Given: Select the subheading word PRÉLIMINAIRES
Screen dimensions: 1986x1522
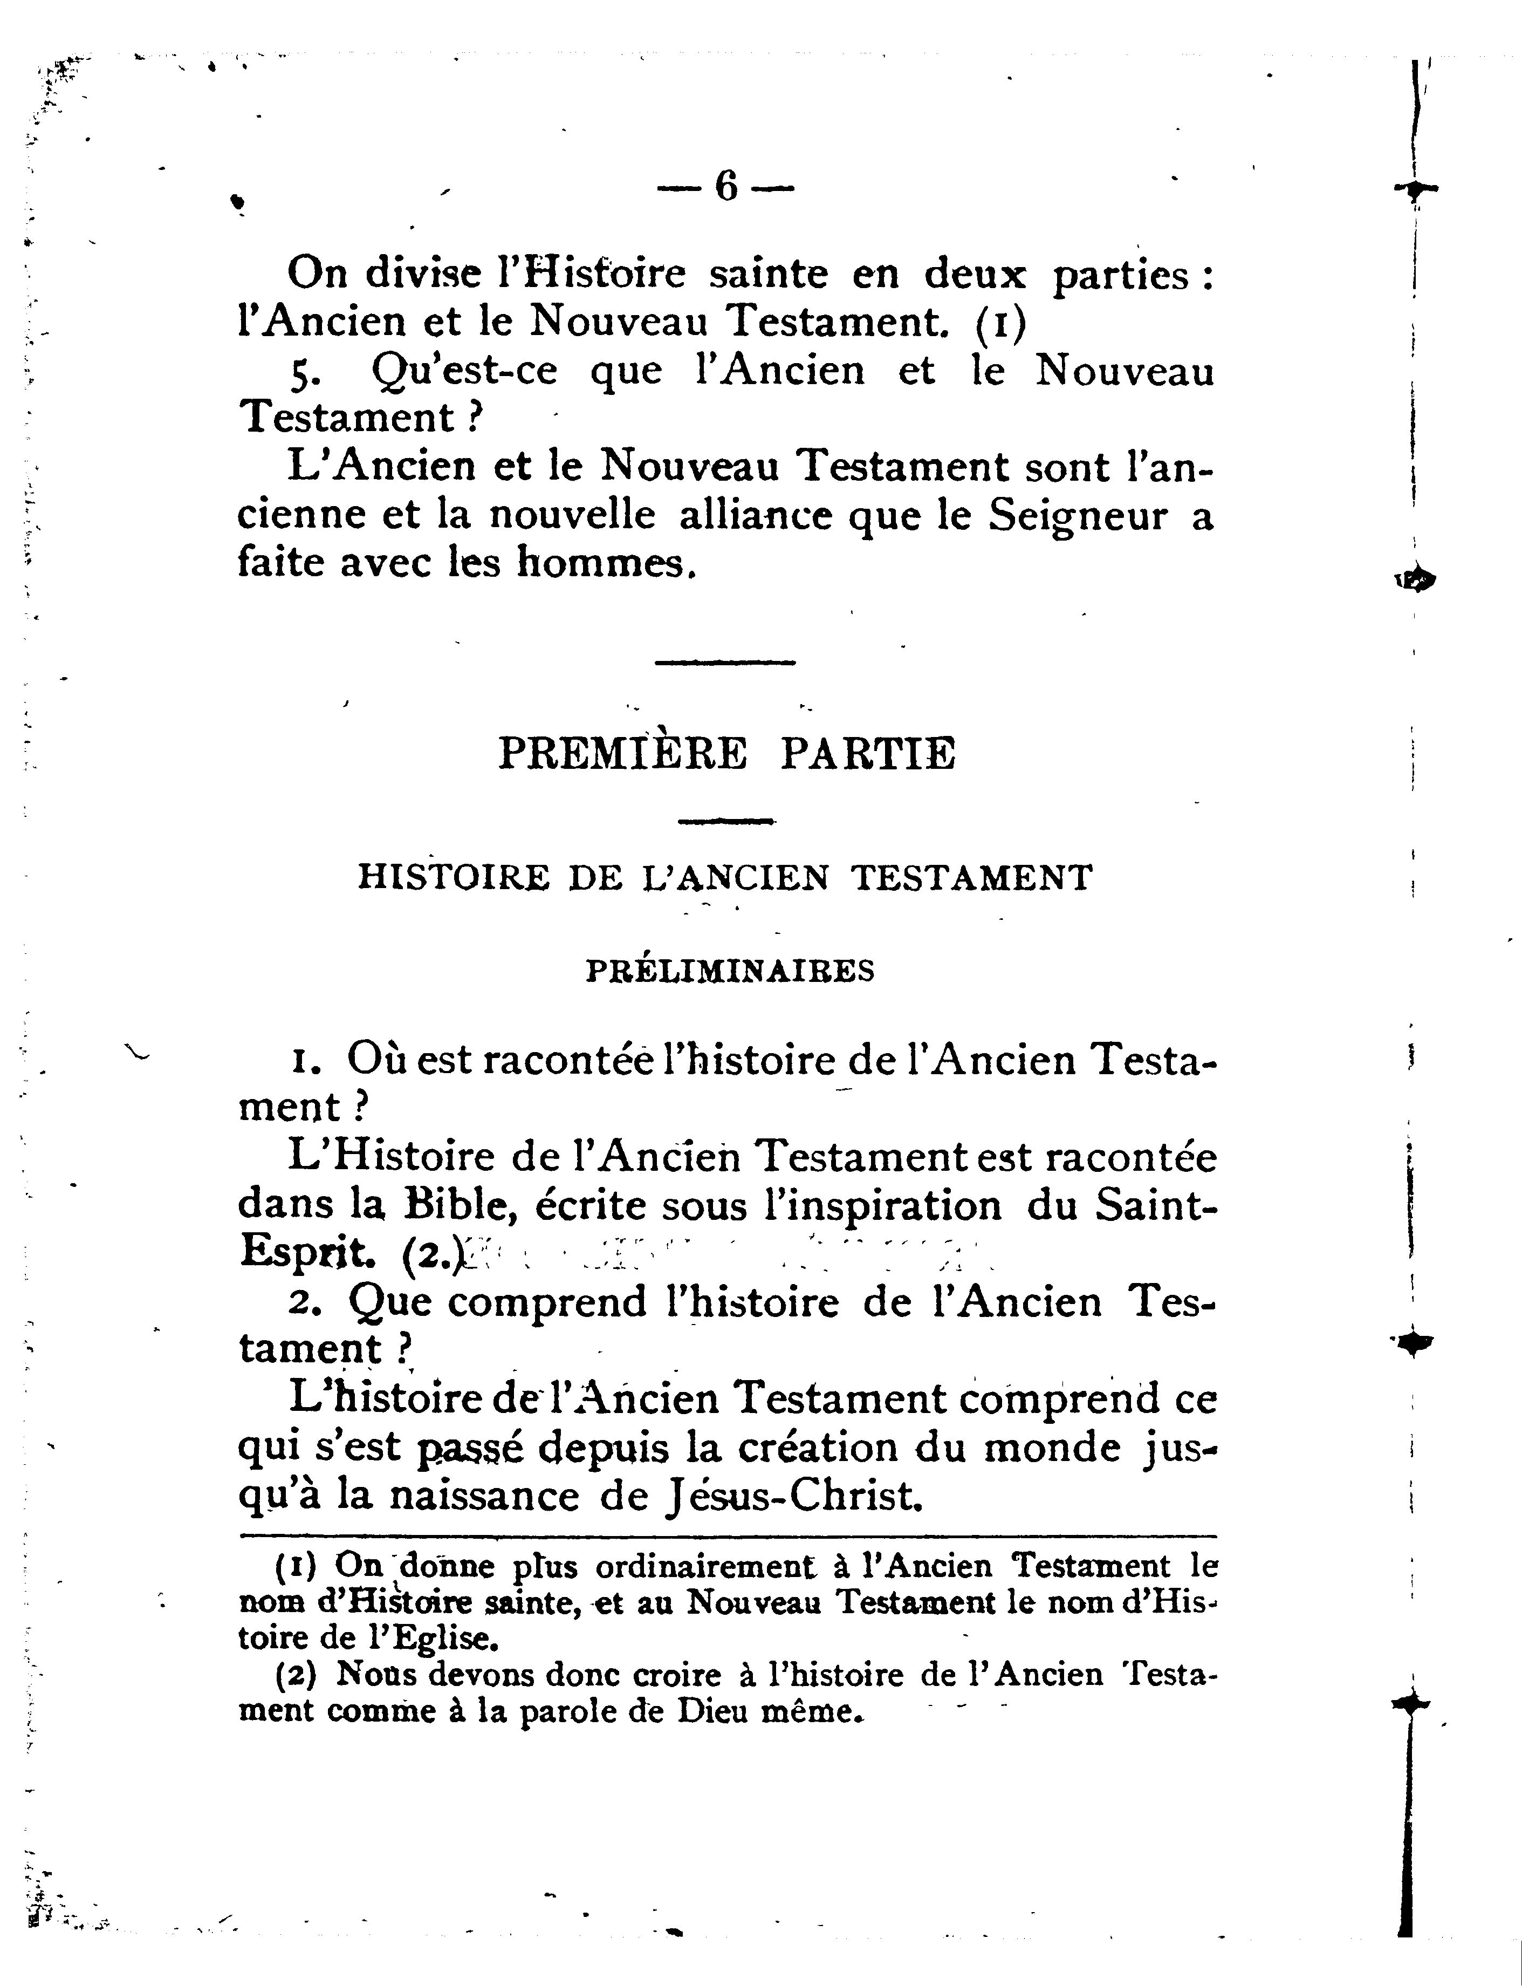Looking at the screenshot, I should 730,971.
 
